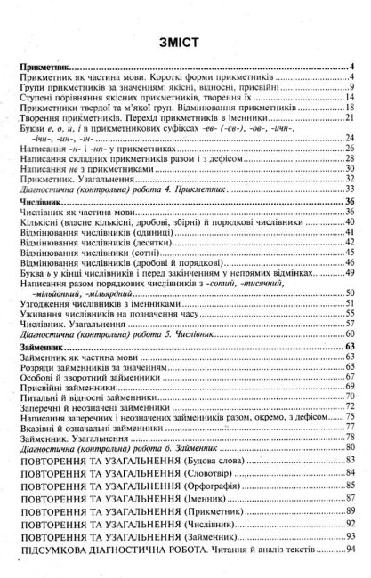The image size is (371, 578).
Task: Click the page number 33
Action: point(351,189)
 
